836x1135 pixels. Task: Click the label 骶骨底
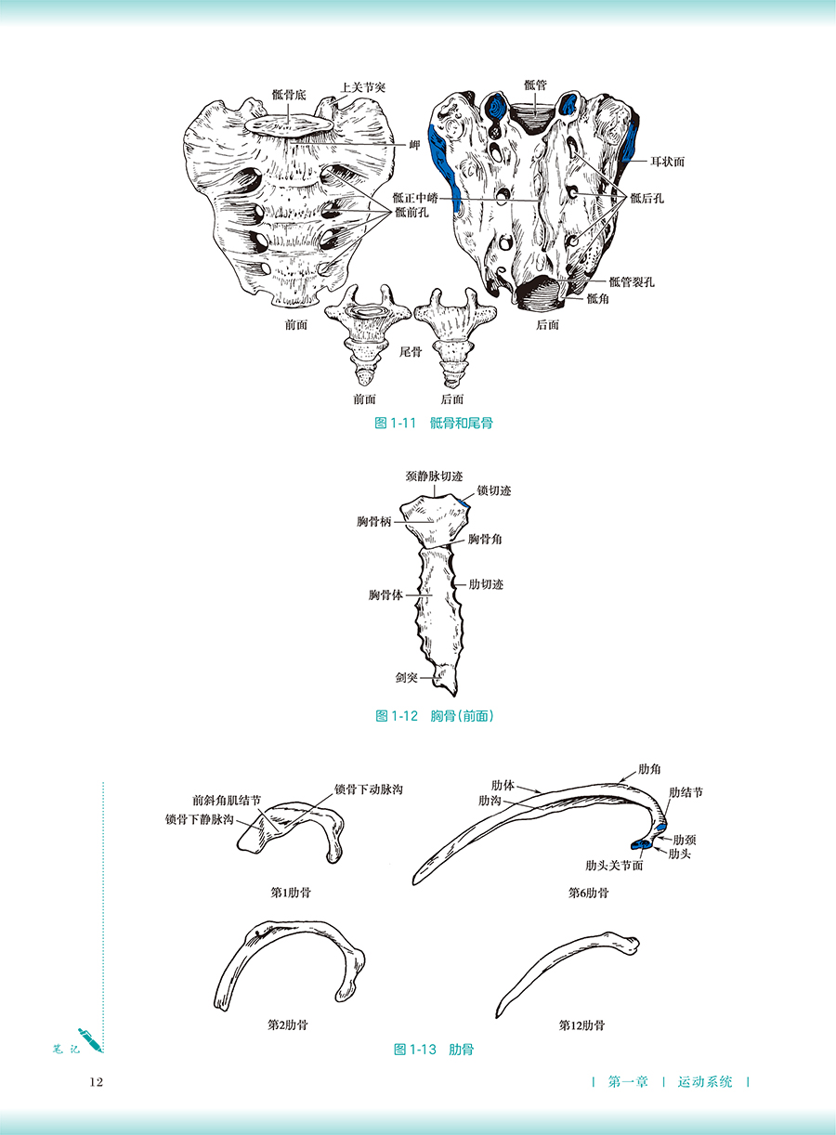[x=289, y=95]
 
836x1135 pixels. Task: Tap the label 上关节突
[x=362, y=87]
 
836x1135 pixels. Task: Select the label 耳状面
[x=667, y=162]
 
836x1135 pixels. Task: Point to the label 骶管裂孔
[x=632, y=281]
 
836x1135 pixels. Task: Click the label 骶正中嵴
[x=415, y=198]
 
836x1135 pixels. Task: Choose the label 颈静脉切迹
[x=434, y=476]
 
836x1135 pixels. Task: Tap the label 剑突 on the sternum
[x=406, y=677]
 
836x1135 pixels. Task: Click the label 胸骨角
[x=485, y=539]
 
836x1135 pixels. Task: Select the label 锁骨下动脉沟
[x=369, y=789]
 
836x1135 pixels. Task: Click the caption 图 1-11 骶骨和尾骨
[x=434, y=424]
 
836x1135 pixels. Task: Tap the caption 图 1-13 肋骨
[x=434, y=1050]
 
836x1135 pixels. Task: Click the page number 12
[x=97, y=1082]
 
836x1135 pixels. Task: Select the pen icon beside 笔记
[x=90, y=1041]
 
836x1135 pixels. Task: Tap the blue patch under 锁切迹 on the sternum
[x=464, y=503]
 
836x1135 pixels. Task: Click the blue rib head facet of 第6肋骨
[x=642, y=844]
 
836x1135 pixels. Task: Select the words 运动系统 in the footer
[x=705, y=1082]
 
